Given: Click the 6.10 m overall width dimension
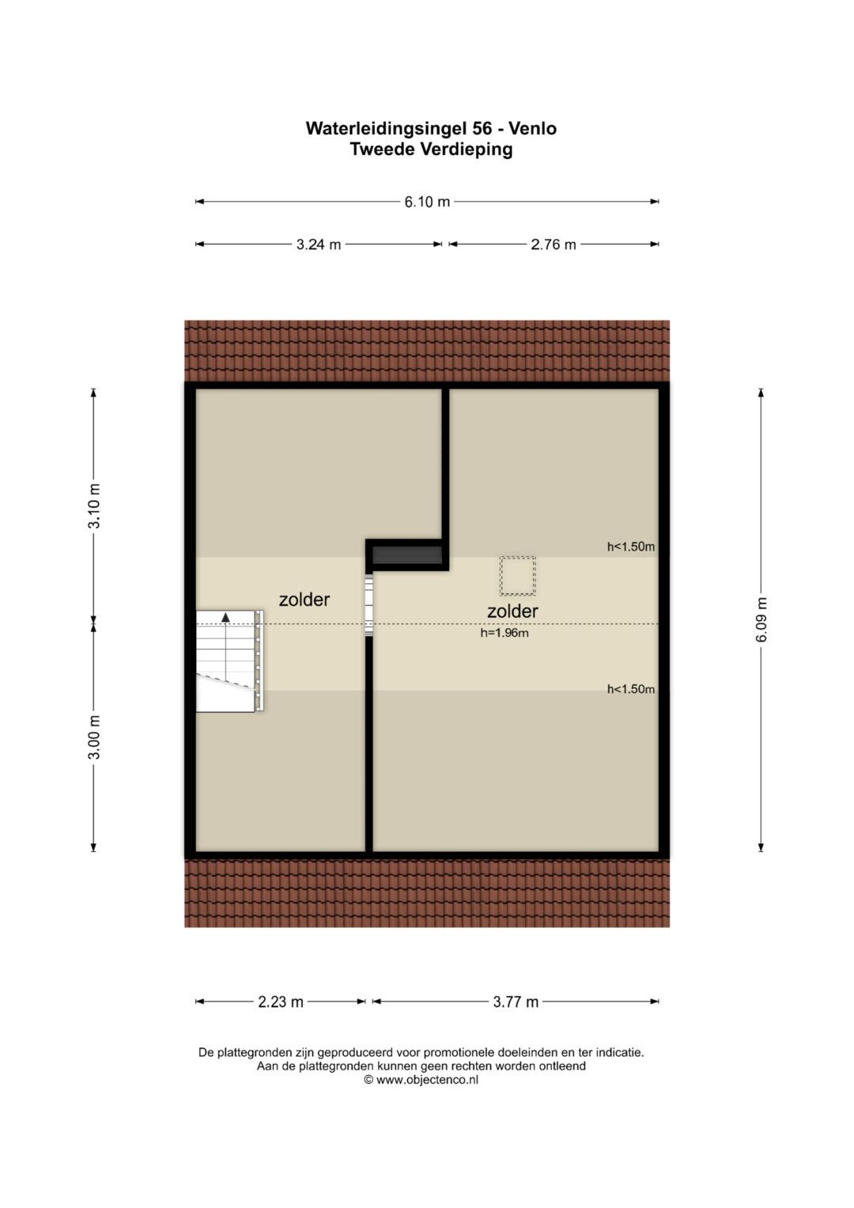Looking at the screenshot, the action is (x=427, y=202).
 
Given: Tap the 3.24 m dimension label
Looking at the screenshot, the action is (x=319, y=244).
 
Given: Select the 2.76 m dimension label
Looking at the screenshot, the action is (x=554, y=244).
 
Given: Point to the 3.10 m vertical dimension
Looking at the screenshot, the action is (x=94, y=506).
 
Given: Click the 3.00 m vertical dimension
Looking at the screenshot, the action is (x=94, y=737).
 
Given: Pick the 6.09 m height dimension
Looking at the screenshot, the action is (x=761, y=619).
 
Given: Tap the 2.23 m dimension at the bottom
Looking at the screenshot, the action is (x=281, y=1002).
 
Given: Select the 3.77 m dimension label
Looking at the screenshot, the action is (x=516, y=1002).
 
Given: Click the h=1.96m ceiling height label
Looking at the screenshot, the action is (x=504, y=633).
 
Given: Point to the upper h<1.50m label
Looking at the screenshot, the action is (x=631, y=547).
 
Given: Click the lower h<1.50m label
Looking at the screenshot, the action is (x=631, y=689).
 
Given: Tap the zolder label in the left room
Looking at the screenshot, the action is (x=304, y=599).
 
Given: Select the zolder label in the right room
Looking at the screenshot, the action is (x=512, y=611).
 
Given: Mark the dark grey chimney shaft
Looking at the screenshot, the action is (x=407, y=555).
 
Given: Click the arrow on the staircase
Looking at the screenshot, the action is (x=225, y=618).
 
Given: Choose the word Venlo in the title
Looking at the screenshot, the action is (x=533, y=128).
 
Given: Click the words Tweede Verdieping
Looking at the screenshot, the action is (x=431, y=149).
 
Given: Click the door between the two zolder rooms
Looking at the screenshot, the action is (x=369, y=606).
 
